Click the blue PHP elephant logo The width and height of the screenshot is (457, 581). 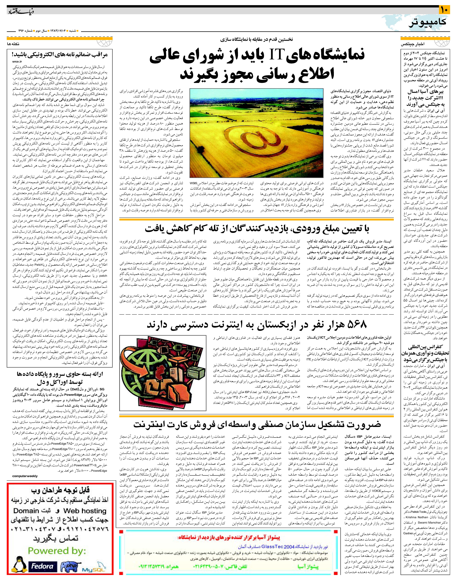tap(70, 566)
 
